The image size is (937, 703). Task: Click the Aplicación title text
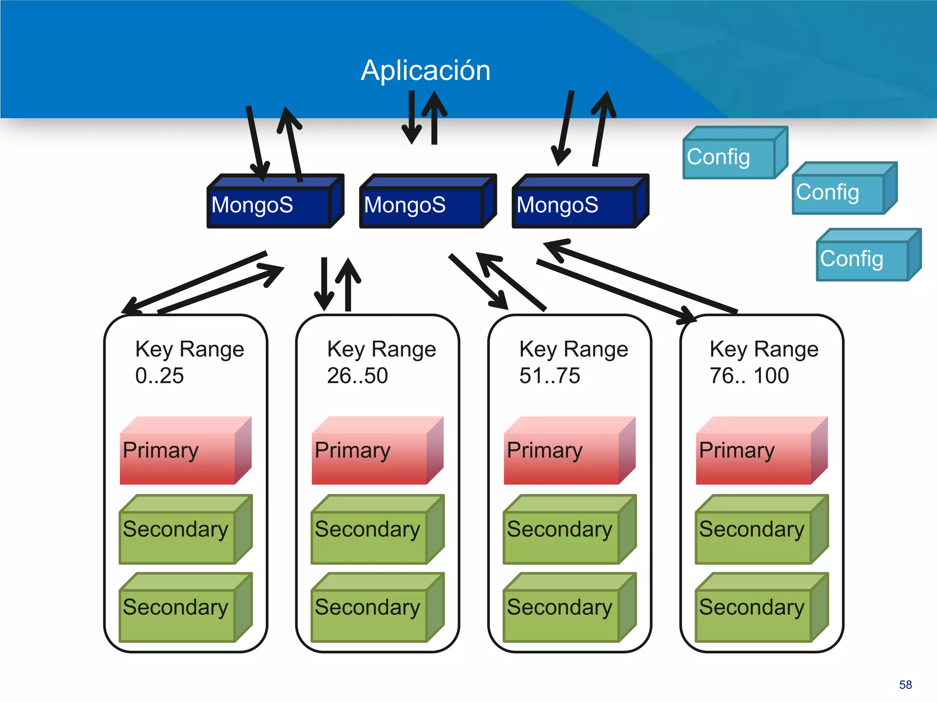pyautogui.click(x=425, y=70)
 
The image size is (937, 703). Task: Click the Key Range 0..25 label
pyautogui.click(x=189, y=362)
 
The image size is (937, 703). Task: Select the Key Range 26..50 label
pyautogui.click(x=381, y=362)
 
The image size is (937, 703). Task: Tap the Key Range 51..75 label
pyautogui.click(x=573, y=362)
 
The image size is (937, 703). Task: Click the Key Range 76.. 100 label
pyautogui.click(x=764, y=362)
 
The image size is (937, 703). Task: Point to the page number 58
pyautogui.click(x=905, y=685)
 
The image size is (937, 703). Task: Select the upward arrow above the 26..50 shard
pyautogui.click(x=348, y=284)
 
